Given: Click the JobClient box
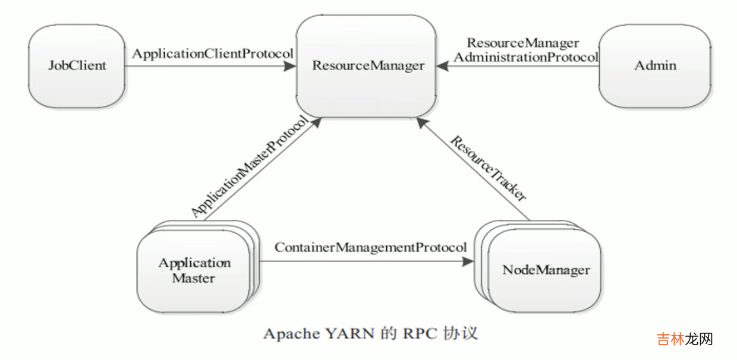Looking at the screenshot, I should click(x=77, y=65).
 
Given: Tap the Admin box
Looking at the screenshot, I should click(x=654, y=65).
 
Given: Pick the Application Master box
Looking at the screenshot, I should click(x=194, y=271).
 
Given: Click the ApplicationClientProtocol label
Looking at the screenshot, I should click(x=212, y=53).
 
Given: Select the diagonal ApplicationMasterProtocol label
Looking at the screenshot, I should click(x=250, y=166).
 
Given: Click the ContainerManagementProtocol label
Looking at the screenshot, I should click(x=370, y=247).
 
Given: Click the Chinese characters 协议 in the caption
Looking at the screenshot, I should click(x=460, y=333).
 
